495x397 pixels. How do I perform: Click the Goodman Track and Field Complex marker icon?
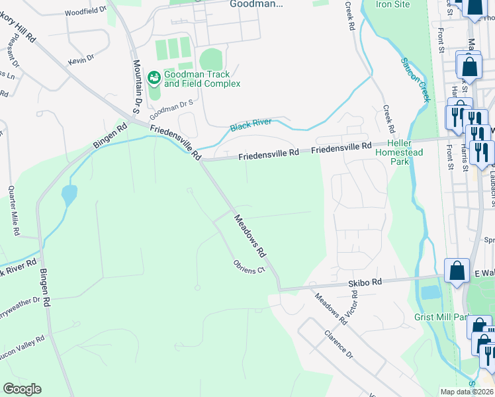[x=154, y=79]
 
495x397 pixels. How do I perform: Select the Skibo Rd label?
[x=365, y=282]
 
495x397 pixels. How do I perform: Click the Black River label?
[x=251, y=124]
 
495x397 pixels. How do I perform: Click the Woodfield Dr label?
[x=86, y=11]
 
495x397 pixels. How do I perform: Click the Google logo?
[x=22, y=388]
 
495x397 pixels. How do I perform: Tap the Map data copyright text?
[x=467, y=392]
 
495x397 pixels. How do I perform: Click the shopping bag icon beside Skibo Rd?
[x=457, y=271]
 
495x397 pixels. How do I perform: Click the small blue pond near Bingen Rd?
[x=68, y=195]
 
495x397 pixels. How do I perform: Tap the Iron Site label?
[x=393, y=4]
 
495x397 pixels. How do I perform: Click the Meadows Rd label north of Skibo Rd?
[x=249, y=235]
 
